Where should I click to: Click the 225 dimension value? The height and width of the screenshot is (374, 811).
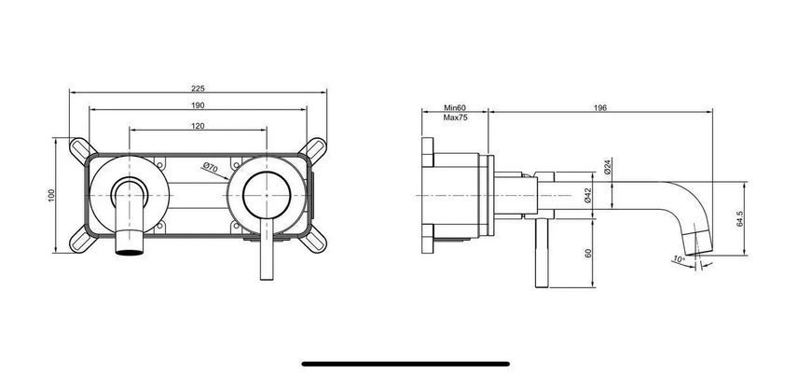tap(199, 89)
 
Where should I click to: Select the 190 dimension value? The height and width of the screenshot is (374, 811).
tap(199, 105)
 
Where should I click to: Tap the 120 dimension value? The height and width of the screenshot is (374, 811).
tap(199, 126)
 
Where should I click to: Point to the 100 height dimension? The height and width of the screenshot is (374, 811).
tap(51, 195)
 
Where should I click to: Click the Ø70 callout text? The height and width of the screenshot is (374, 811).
tap(210, 167)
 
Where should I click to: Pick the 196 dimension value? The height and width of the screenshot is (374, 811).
tap(600, 108)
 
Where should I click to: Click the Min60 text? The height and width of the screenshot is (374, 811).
tap(455, 108)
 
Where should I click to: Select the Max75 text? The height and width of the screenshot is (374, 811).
tap(455, 118)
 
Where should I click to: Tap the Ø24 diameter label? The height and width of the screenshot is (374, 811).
tap(608, 166)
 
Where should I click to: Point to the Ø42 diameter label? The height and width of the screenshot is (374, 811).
tap(587, 195)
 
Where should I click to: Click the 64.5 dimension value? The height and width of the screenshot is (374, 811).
tap(740, 219)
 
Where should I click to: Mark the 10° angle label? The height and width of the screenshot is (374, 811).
tap(680, 259)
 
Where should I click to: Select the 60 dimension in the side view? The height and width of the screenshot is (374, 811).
tap(587, 253)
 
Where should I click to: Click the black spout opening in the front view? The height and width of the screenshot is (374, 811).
tap(129, 253)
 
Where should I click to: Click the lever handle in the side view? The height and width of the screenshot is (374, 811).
tap(542, 253)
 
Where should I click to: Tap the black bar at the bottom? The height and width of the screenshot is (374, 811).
tap(405, 364)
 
